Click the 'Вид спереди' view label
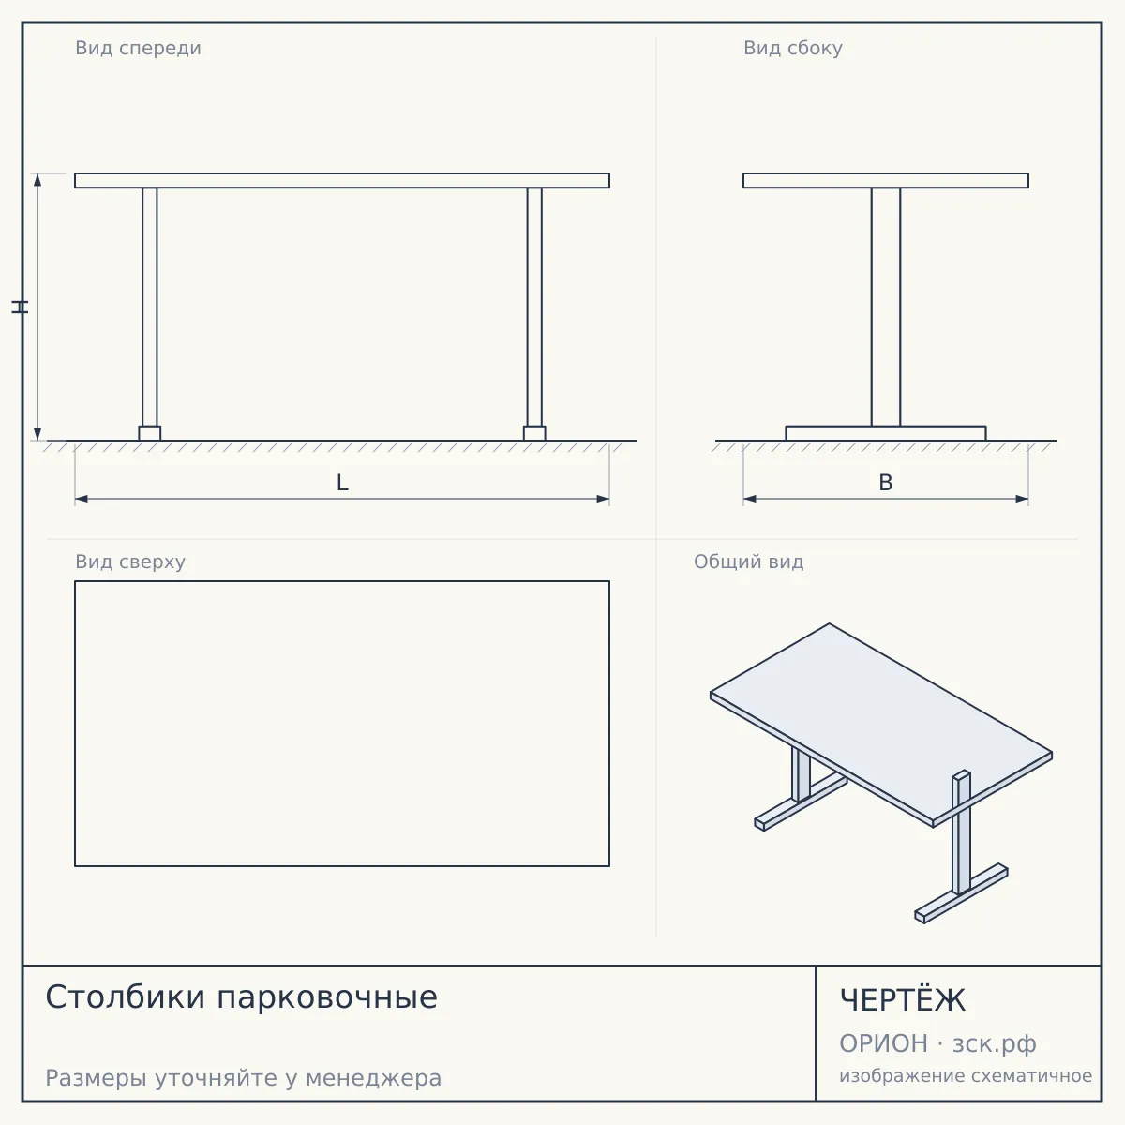pyautogui.click(x=139, y=48)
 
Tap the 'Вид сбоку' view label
pyautogui.click(x=793, y=48)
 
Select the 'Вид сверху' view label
pyautogui.click(x=130, y=562)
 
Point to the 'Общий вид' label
pyautogui.click(x=748, y=562)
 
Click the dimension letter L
pyautogui.click(x=342, y=483)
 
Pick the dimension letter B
pyautogui.click(x=886, y=483)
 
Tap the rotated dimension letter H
pyautogui.click(x=20, y=307)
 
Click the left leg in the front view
pyautogui.click(x=149, y=307)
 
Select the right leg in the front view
pyautogui.click(x=534, y=307)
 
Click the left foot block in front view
pyautogui.click(x=149, y=433)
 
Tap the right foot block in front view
pyautogui.click(x=534, y=433)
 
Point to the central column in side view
pyautogui.click(x=886, y=307)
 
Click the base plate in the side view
pyautogui.click(x=886, y=433)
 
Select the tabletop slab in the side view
pyautogui.click(x=886, y=180)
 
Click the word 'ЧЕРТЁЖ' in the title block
pyautogui.click(x=902, y=1000)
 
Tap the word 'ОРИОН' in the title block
pyautogui.click(x=883, y=1043)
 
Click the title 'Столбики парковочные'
pyautogui.click(x=241, y=997)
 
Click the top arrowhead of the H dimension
pyautogui.click(x=37, y=180)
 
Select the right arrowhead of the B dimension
pyautogui.click(x=1022, y=499)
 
